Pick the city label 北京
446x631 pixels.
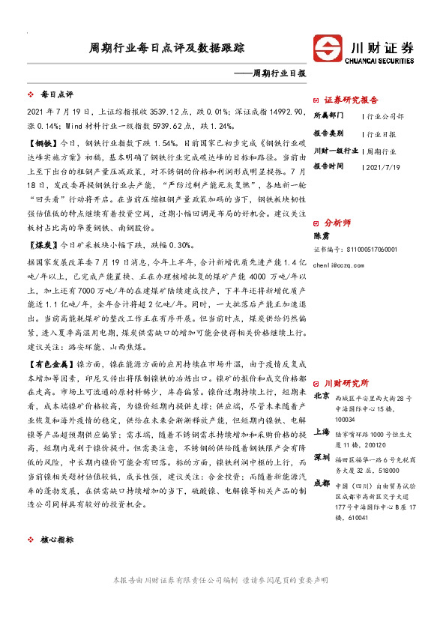coord(322,396)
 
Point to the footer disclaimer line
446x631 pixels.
coord(223,580)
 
